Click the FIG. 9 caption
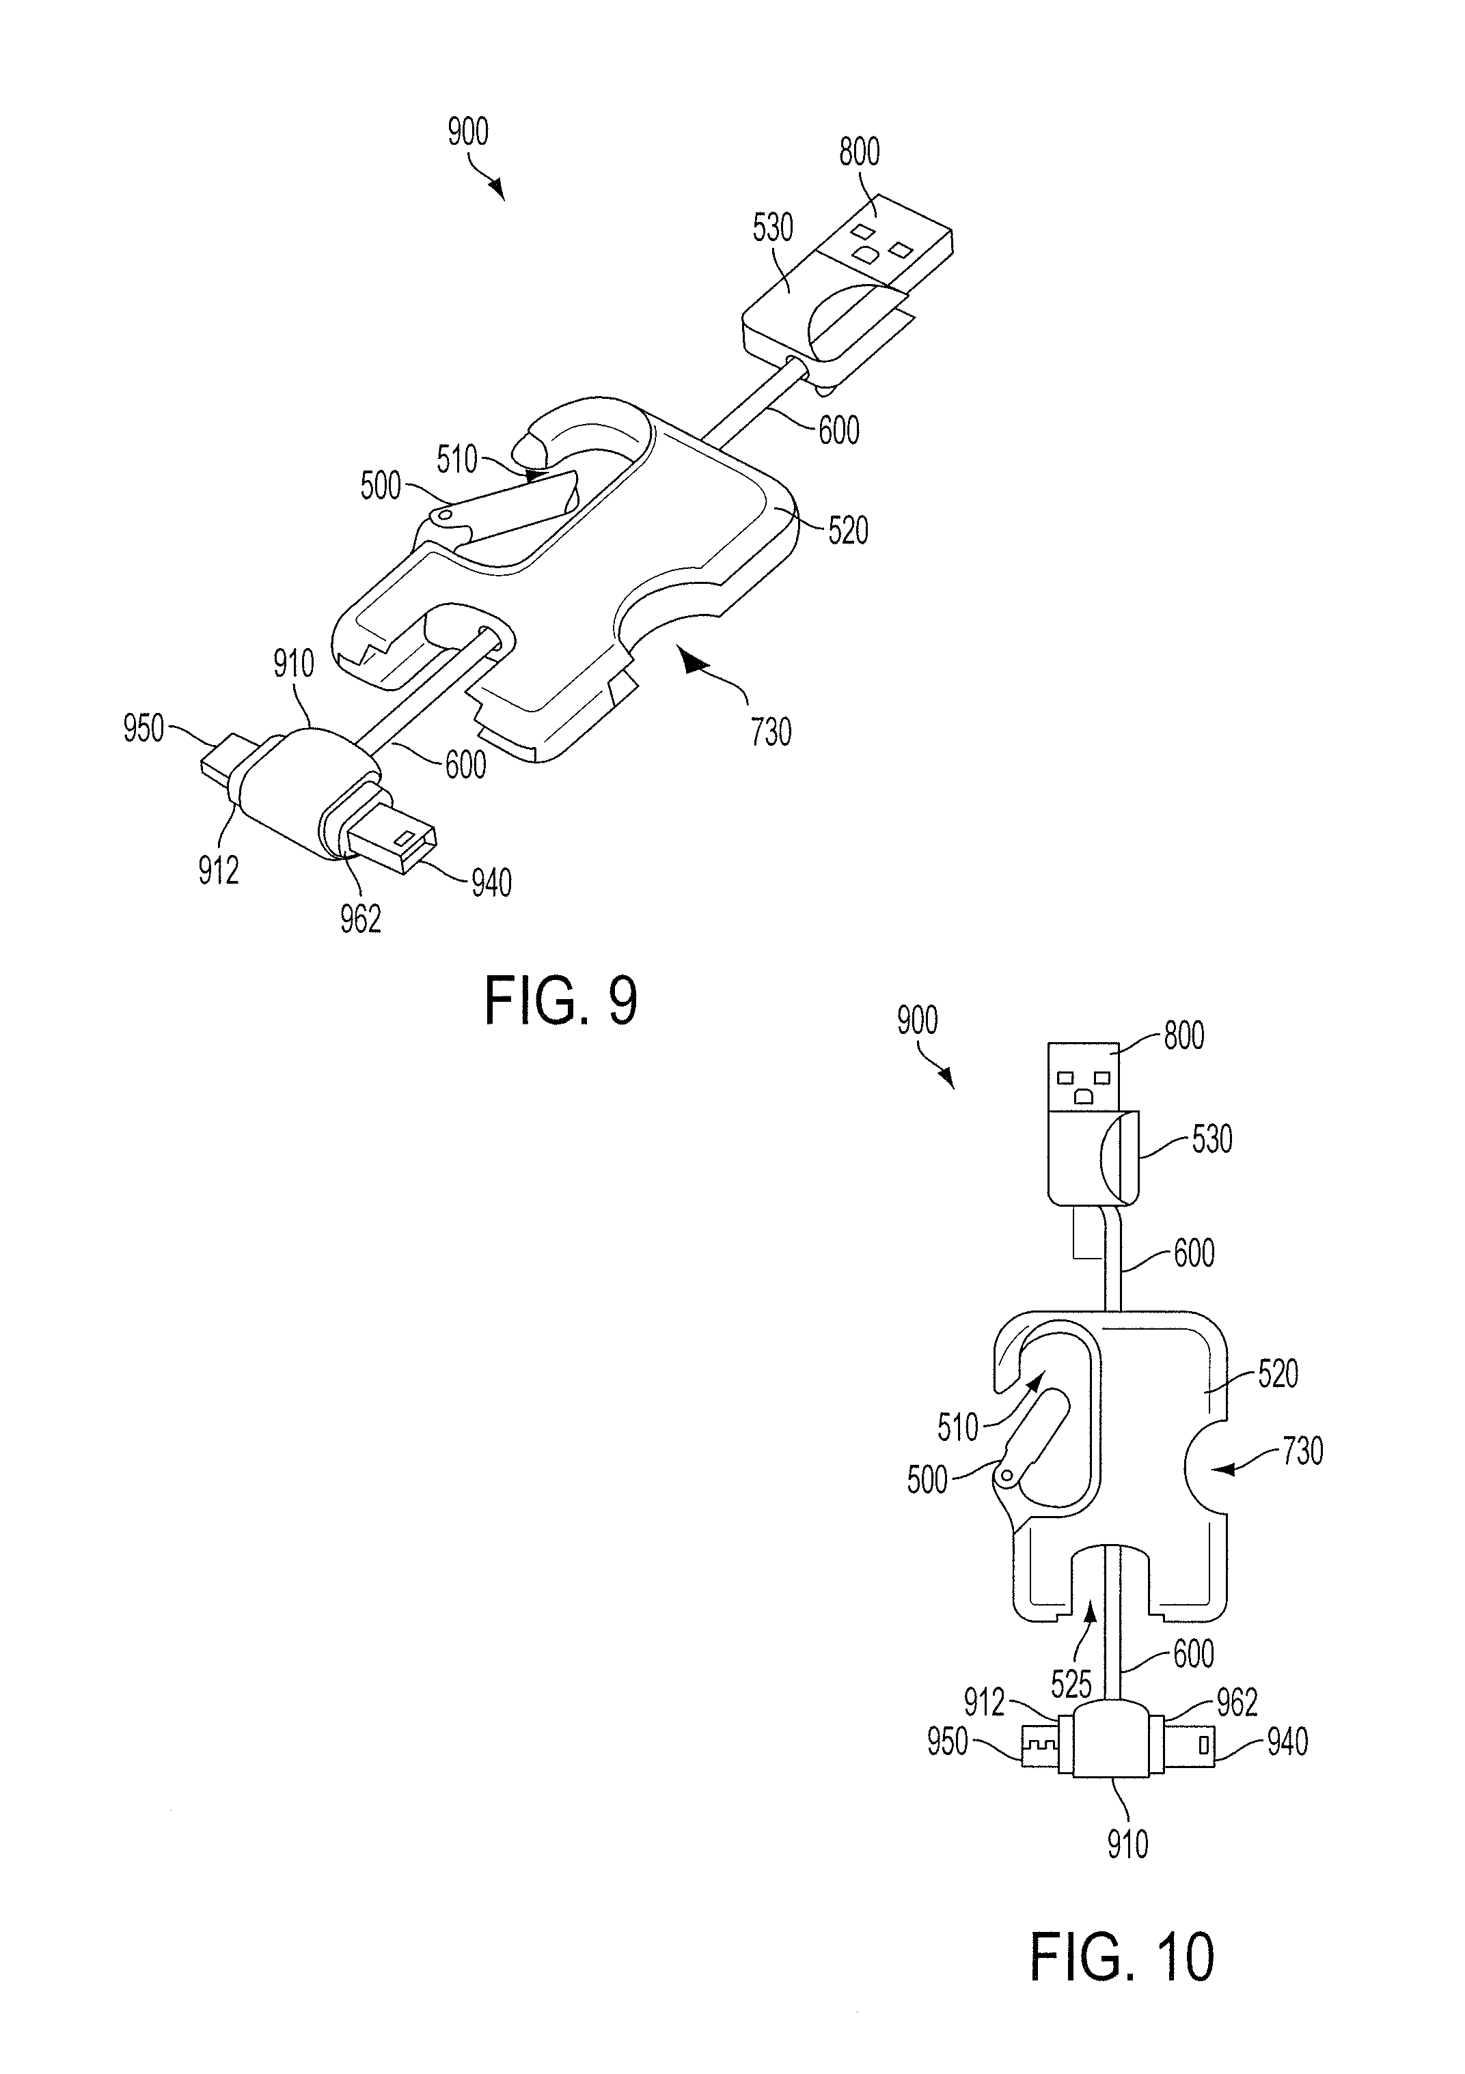(560, 1001)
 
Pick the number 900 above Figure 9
(468, 132)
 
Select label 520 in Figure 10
(1278, 1374)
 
